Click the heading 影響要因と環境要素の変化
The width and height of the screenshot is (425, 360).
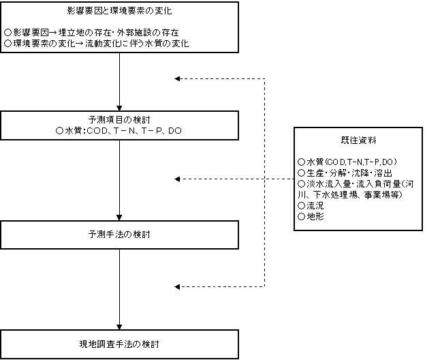pyautogui.click(x=119, y=11)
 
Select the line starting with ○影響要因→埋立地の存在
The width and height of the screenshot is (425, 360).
pyautogui.click(x=92, y=33)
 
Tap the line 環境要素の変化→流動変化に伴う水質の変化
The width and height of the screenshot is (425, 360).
pyautogui.click(x=97, y=44)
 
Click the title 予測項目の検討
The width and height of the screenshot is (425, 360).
pyautogui.click(x=119, y=119)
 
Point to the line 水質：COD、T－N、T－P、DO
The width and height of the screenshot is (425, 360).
pyautogui.click(x=119, y=131)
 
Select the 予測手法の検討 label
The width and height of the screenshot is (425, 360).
pyautogui.click(x=119, y=235)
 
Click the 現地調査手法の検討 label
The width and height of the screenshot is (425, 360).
pyautogui.click(x=119, y=344)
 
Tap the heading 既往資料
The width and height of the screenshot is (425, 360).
pyautogui.click(x=358, y=140)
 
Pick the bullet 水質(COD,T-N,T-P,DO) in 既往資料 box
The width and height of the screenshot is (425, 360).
pyautogui.click(x=347, y=162)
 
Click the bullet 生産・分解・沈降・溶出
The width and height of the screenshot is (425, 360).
pyautogui.click(x=345, y=172)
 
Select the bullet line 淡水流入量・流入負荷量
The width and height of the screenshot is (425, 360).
pyautogui.click(x=356, y=183)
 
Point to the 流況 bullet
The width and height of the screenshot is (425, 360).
pyautogui.click(x=311, y=205)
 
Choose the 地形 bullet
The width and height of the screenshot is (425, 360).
pyautogui.click(x=311, y=216)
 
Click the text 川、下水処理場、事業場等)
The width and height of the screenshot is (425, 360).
pyautogui.click(x=350, y=194)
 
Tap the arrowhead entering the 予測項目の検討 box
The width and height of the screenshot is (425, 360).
pyautogui.click(x=119, y=108)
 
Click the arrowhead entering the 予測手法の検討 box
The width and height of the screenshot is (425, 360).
pyautogui.click(x=119, y=217)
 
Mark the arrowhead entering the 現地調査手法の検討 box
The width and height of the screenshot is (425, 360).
pyautogui.click(x=119, y=327)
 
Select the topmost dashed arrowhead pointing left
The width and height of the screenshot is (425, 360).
pyautogui.click(x=177, y=78)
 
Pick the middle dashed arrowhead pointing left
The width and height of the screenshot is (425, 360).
pyautogui.click(x=177, y=179)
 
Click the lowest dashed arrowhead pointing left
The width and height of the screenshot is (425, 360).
pyautogui.click(x=177, y=287)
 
